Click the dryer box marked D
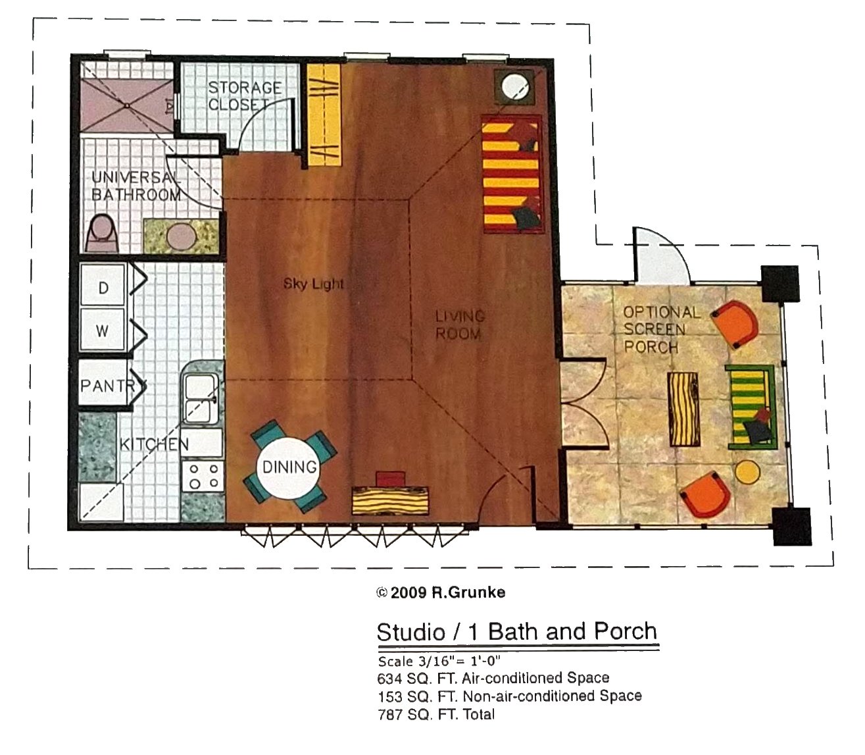coord(103,284)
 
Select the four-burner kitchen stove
coord(203,477)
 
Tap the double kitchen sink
coord(201,399)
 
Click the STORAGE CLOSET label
coord(244,96)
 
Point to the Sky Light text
coord(314,284)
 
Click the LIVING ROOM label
coord(460,325)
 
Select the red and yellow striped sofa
coord(512,174)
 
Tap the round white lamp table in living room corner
coord(514,86)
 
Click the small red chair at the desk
coord(390,479)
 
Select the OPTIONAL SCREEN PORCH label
coord(661,330)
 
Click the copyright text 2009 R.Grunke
coord(441,592)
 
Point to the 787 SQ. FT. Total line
coord(436,714)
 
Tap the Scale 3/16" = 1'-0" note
coord(439,661)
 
